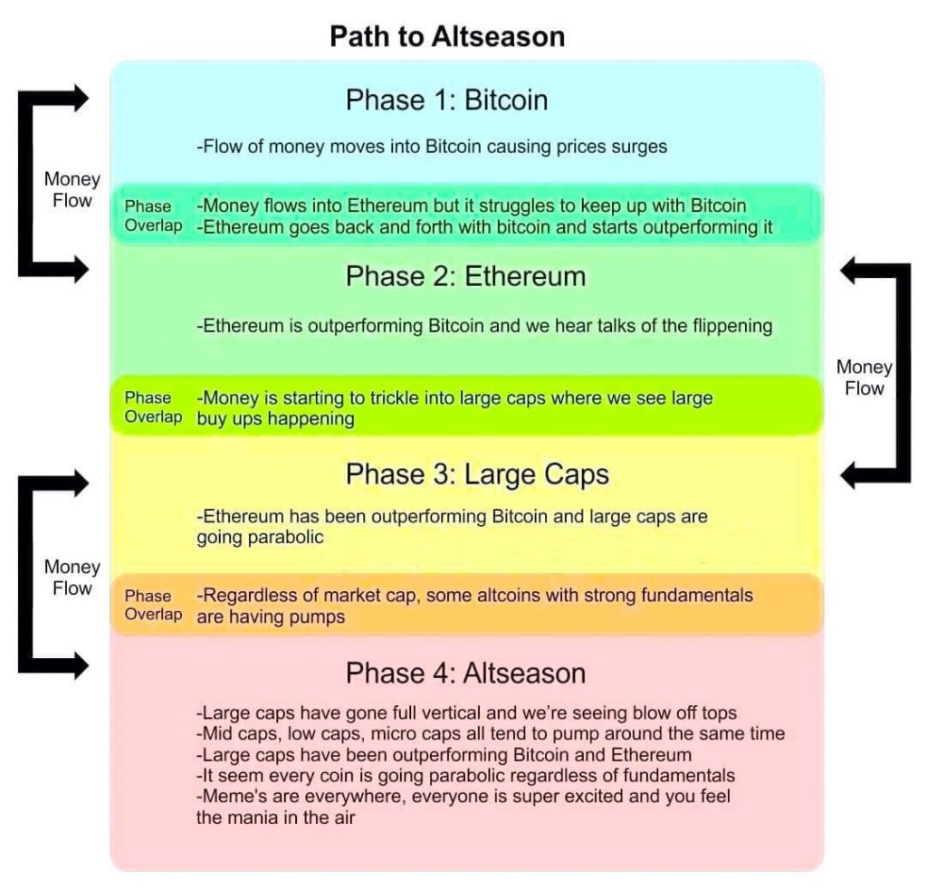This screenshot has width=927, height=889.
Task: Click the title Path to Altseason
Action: point(446,36)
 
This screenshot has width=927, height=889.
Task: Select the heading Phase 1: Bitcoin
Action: point(446,100)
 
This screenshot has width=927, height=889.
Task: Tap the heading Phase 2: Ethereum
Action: point(465,276)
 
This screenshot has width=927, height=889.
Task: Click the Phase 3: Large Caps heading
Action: point(477,474)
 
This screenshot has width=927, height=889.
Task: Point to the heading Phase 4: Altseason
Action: point(465,674)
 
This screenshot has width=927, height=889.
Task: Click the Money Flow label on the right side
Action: point(865,378)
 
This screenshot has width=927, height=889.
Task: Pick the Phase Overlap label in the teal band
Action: point(153,216)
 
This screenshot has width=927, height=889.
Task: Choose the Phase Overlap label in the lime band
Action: point(153,407)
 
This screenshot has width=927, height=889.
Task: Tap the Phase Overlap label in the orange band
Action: point(153,605)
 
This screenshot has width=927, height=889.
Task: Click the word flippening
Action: point(731,326)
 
